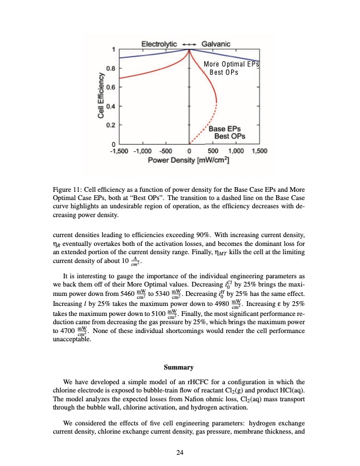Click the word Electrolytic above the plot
click(161, 43)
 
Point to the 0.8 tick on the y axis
click(109, 68)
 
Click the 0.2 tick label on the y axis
click(109, 125)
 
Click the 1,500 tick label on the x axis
click(259, 151)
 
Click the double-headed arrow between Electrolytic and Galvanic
click(189, 43)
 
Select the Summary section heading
click(179, 368)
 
